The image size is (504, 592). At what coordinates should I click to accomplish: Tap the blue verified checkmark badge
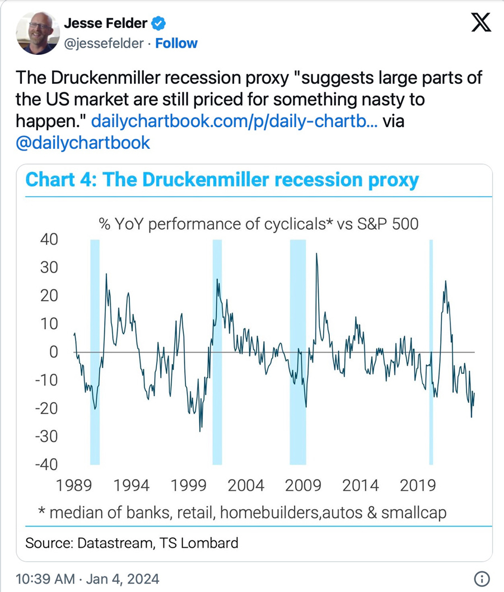(159, 24)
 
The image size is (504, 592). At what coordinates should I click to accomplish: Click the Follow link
(176, 43)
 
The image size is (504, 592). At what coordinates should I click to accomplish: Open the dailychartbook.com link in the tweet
(234, 121)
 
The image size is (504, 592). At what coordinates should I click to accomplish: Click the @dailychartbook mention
(83, 143)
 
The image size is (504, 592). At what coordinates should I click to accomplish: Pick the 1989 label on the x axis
(75, 485)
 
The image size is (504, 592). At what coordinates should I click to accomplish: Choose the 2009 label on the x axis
(303, 485)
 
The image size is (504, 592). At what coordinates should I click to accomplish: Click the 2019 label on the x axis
(417, 485)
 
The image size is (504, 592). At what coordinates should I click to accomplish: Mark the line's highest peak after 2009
(317, 253)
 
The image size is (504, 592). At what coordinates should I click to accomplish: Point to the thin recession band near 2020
(431, 353)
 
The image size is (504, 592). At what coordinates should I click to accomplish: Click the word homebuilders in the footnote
(269, 513)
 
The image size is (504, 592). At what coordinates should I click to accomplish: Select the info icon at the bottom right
(482, 578)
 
